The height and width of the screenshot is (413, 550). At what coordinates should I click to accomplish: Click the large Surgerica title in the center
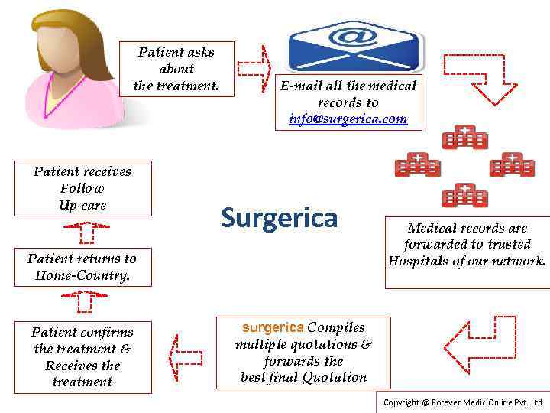[279, 218]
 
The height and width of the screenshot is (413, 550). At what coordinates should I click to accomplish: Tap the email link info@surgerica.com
[348, 119]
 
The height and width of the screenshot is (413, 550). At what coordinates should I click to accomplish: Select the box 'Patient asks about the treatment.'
[176, 69]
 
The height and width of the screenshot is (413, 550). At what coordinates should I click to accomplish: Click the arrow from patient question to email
[254, 67]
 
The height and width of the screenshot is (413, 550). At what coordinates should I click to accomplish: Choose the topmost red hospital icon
[465, 137]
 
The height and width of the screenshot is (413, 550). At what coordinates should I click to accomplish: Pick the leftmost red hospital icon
[417, 164]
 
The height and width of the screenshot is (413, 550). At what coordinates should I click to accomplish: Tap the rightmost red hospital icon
[512, 164]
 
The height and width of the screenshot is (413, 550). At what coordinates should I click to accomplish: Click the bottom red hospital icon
[465, 195]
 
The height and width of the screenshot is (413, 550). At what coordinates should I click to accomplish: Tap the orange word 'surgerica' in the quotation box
[273, 327]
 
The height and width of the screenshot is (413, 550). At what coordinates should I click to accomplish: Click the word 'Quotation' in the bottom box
[335, 377]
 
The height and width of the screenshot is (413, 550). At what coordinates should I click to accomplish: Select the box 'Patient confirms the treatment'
[82, 357]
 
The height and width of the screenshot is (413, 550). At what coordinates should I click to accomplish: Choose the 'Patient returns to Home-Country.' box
[82, 267]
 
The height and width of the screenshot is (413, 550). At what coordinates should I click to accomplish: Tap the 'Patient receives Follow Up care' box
[82, 188]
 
